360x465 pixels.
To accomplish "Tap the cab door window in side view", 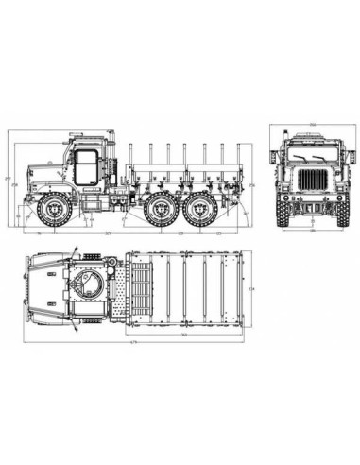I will (84, 164).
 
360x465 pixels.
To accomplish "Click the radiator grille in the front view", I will (311, 181).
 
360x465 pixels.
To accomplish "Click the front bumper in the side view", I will (26, 201).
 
